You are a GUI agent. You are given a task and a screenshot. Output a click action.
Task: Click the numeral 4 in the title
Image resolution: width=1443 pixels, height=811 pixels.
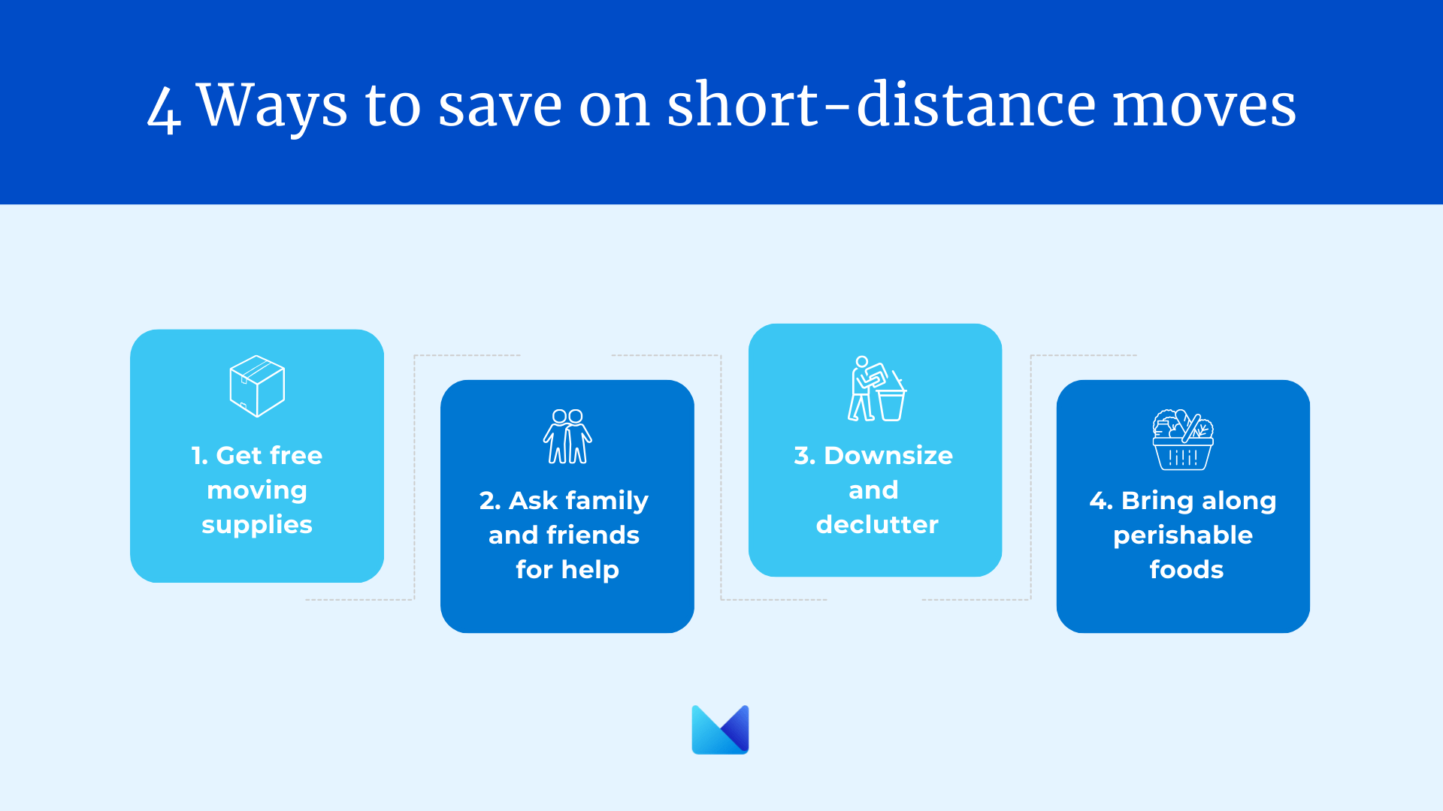click(164, 109)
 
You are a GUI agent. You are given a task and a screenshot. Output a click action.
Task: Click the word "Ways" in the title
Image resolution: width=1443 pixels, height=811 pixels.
click(272, 105)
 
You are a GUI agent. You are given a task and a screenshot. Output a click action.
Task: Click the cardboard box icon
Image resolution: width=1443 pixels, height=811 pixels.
click(257, 386)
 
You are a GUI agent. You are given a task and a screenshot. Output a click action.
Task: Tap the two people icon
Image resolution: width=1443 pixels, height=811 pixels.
click(567, 436)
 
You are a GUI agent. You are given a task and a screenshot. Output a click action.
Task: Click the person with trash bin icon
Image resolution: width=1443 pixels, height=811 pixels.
click(877, 388)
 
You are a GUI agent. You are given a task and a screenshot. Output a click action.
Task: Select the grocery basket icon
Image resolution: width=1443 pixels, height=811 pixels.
click(1183, 439)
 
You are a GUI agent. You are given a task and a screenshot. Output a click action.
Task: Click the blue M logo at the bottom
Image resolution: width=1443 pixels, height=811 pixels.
click(720, 729)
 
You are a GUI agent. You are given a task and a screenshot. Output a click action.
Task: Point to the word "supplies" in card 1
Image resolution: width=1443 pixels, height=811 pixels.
click(257, 525)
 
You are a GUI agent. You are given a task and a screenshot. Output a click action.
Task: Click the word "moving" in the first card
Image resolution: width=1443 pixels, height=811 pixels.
click(257, 490)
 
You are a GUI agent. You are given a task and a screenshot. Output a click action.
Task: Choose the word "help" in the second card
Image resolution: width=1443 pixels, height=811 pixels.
click(590, 570)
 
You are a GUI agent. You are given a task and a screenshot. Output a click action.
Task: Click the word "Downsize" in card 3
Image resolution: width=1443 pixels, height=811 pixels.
click(888, 455)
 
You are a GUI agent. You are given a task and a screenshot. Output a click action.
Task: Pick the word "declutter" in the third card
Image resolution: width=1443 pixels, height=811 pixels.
click(877, 524)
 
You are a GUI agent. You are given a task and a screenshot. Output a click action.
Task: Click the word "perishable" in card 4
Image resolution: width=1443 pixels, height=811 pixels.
click(1183, 535)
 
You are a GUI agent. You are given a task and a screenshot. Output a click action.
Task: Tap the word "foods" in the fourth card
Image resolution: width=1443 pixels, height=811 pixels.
click(1187, 569)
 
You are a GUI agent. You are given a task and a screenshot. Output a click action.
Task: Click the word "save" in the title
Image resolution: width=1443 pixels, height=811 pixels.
click(501, 107)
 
